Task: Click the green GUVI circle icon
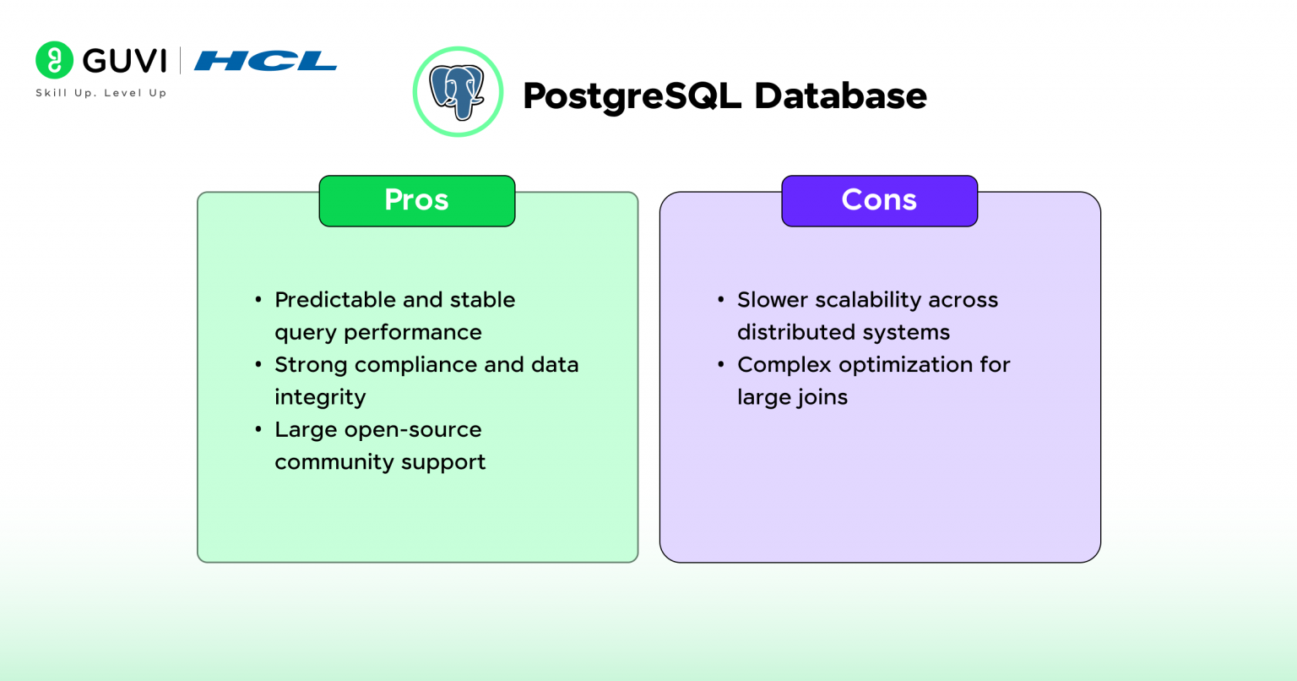point(54,60)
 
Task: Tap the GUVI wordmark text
point(125,61)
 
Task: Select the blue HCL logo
point(265,61)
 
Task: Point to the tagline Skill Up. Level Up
point(100,93)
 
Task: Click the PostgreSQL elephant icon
point(458,92)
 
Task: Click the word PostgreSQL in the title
point(632,96)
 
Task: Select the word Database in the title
point(840,95)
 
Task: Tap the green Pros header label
point(416,200)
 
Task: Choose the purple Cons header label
point(879,200)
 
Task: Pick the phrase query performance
point(377,333)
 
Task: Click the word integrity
point(320,397)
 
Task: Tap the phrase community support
point(380,462)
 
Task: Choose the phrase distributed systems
point(843,333)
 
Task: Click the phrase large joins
point(792,397)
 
